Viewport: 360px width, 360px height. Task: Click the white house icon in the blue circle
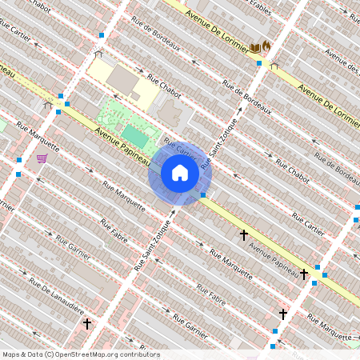(x=180, y=173)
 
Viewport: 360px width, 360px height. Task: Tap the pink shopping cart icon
(x=41, y=158)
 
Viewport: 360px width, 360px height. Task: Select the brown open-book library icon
(x=255, y=48)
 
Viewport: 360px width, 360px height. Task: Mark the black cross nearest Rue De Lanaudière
(x=87, y=324)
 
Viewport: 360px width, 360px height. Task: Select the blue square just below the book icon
(x=259, y=63)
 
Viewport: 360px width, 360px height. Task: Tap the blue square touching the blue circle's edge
(x=203, y=194)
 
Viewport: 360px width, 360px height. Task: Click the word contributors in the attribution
(x=137, y=354)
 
